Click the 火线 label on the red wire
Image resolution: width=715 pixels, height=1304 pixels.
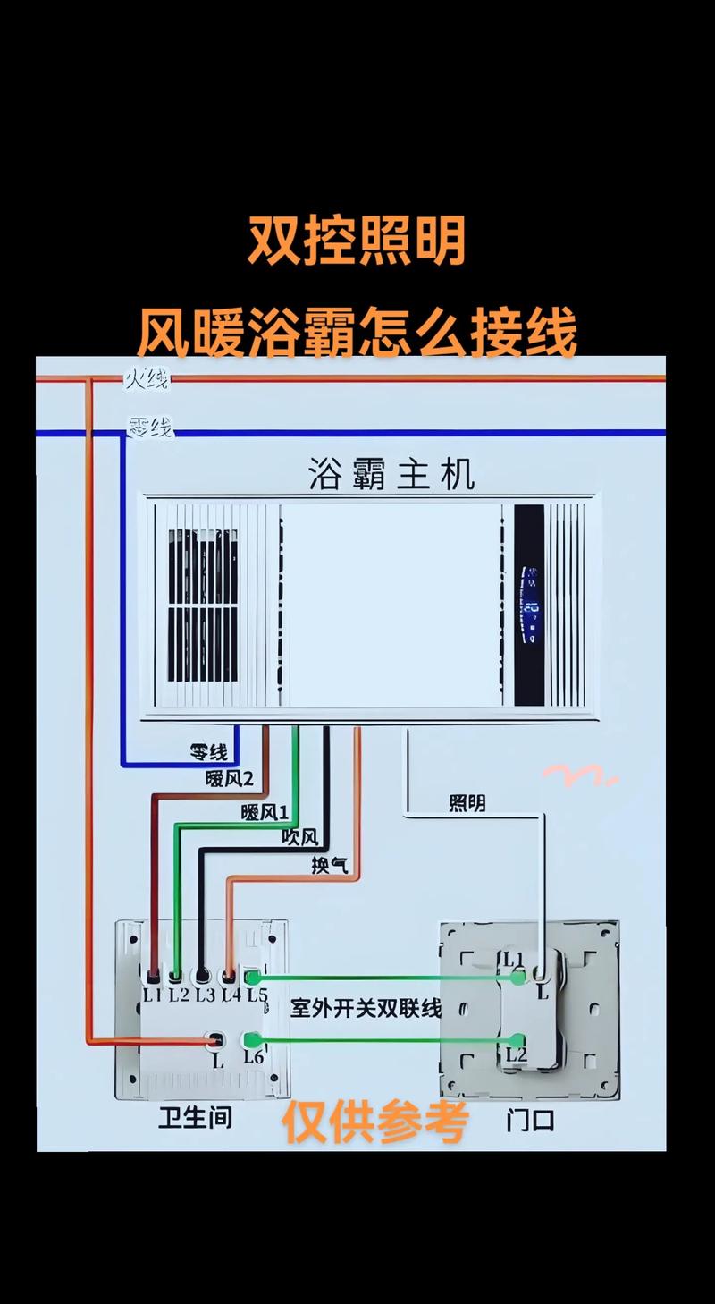147,380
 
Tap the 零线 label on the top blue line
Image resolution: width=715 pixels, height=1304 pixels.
149,428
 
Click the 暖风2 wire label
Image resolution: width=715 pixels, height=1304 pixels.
230,779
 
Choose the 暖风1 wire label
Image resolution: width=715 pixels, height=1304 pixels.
265,812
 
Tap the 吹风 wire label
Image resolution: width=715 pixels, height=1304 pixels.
299,838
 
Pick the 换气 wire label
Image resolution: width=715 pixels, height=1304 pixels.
330,865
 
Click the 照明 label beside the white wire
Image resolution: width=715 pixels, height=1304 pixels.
467,803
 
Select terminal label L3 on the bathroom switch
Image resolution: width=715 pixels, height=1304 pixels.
206,993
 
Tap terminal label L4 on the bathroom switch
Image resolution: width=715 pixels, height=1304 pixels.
231,993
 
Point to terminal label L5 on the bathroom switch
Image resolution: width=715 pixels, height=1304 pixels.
257,994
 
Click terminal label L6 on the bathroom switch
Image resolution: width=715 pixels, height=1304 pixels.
254,1057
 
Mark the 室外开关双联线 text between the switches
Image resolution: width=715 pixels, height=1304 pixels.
366,1008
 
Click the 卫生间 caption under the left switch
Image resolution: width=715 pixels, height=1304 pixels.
195,1117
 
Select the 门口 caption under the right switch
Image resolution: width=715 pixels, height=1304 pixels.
530,1119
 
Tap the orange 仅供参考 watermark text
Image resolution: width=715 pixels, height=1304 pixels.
375,1122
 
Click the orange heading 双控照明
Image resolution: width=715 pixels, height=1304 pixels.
357,241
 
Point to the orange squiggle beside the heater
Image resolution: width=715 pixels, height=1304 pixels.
579,775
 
